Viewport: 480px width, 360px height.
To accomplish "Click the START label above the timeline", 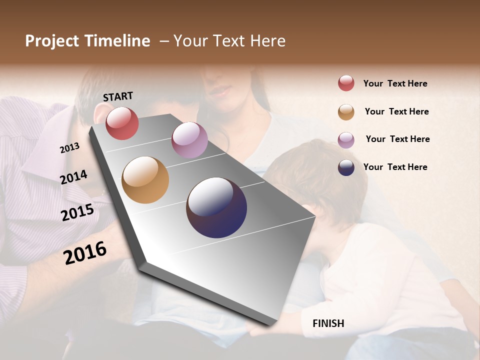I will tap(118, 96).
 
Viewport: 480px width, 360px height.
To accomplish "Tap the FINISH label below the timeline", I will tap(328, 323).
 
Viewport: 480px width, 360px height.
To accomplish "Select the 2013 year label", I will tap(69, 148).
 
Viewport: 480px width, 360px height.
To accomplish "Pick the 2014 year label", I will tap(73, 177).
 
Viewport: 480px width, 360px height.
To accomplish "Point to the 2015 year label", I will tap(77, 212).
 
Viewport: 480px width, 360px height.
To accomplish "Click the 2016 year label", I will tap(85, 252).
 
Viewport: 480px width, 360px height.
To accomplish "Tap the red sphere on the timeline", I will tap(122, 123).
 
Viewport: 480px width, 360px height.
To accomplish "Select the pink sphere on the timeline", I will tap(189, 139).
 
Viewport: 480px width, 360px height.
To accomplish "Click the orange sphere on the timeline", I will tap(145, 180).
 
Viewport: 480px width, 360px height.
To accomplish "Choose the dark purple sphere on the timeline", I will tap(216, 207).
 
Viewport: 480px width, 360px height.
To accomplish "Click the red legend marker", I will tap(346, 83).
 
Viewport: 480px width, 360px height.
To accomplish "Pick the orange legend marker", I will tap(346, 112).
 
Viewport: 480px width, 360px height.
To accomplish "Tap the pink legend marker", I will tap(346, 140).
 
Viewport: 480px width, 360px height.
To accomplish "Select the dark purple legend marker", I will tap(346, 167).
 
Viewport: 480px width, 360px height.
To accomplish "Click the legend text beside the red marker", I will tap(395, 83).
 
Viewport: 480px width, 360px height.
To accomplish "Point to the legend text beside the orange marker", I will tap(396, 111).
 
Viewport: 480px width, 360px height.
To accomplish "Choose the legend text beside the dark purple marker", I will tap(395, 167).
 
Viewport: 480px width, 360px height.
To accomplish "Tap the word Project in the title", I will tap(52, 41).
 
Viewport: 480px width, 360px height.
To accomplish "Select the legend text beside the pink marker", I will tap(397, 139).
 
